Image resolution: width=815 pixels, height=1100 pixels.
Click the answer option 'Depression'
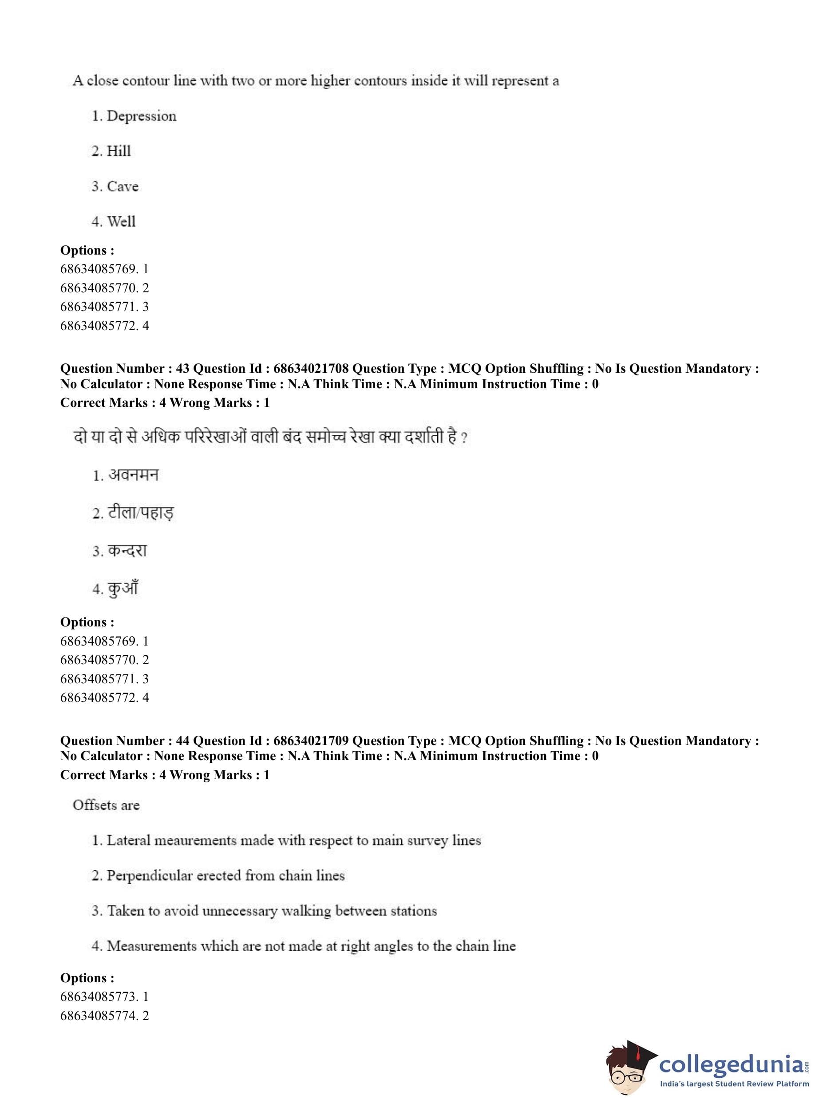[x=141, y=116]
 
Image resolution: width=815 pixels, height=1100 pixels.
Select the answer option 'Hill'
[x=119, y=151]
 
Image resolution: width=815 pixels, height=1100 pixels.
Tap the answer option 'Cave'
[x=123, y=186]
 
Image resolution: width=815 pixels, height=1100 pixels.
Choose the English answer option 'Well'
[x=121, y=221]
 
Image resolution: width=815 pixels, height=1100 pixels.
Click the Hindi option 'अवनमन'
[x=133, y=475]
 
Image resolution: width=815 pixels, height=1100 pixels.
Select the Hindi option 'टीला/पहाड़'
[x=140, y=513]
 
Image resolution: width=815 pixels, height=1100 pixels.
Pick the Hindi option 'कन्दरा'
[x=127, y=550]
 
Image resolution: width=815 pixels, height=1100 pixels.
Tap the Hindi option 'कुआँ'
[x=123, y=588]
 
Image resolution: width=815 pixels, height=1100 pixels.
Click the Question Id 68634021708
[x=311, y=368]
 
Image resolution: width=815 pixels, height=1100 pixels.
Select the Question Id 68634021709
[x=311, y=741]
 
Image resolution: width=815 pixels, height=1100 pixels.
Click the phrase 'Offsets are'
[x=106, y=805]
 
